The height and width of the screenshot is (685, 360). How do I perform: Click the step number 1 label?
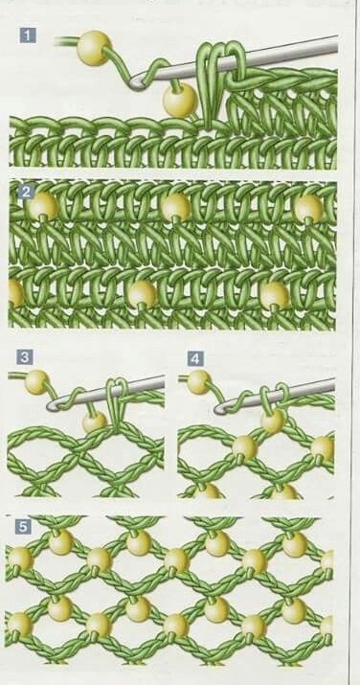click(x=28, y=35)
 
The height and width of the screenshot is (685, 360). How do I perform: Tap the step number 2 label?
click(x=27, y=194)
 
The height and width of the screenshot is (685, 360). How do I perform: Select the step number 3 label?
click(x=25, y=357)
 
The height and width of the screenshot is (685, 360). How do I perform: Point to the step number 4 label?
click(x=195, y=358)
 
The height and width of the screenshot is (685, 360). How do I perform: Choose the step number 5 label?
click(x=23, y=527)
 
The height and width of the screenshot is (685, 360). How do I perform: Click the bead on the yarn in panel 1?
click(x=94, y=48)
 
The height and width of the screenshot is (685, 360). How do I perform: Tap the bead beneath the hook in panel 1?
click(x=180, y=100)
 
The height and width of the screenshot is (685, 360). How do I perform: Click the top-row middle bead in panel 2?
click(x=175, y=207)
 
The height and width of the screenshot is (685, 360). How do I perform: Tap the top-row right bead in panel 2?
click(x=308, y=208)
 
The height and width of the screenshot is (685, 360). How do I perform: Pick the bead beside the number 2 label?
click(x=42, y=205)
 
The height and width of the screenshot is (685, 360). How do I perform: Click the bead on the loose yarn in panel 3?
click(x=36, y=382)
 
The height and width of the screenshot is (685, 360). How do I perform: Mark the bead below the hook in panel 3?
click(x=95, y=422)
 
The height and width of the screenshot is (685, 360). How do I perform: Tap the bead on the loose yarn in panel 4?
click(x=199, y=382)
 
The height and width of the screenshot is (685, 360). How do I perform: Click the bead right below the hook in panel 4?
click(x=273, y=421)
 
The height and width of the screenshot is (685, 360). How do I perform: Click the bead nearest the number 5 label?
click(x=20, y=559)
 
